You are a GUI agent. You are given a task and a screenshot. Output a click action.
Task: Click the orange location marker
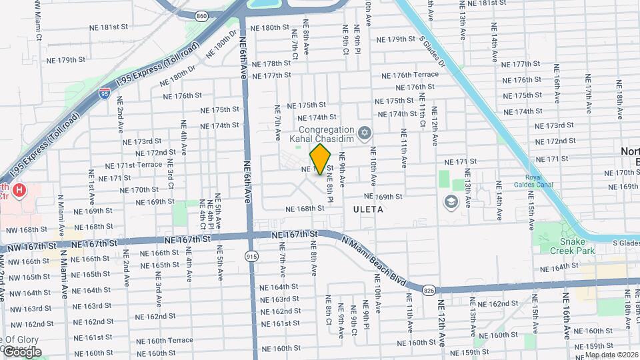pyautogui.click(x=321, y=159)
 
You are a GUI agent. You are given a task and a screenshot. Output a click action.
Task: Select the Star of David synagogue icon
pyautogui.click(x=364, y=134)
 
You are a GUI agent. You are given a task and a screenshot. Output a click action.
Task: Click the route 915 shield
pyautogui.click(x=251, y=256)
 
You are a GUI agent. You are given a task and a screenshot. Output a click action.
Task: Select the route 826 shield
pyautogui.click(x=428, y=289)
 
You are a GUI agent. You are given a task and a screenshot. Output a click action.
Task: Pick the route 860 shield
pyautogui.click(x=201, y=14)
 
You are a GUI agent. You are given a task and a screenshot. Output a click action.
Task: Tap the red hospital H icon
pyautogui.click(x=19, y=190)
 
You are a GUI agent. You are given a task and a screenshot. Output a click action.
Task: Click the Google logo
pyautogui.click(x=21, y=351)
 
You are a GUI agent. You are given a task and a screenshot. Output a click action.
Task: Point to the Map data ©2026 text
pyautogui.click(x=611, y=355)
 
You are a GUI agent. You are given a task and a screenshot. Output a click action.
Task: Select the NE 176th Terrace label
pyautogui.click(x=410, y=75)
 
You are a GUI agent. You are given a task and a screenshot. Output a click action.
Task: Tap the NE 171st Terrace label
pyautogui.click(x=133, y=165)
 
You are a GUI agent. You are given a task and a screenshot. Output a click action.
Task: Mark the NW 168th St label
pyautogui.click(x=25, y=229)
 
